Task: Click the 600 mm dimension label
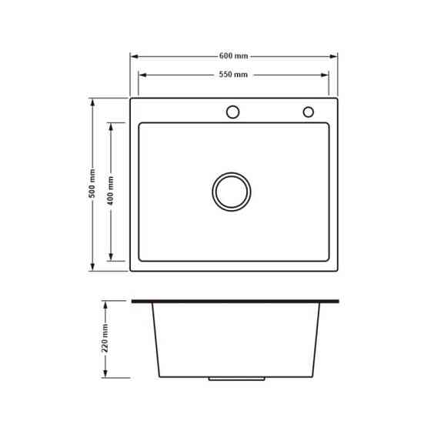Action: click(x=234, y=56)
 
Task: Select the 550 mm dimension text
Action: click(x=233, y=75)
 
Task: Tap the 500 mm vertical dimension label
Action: click(x=92, y=183)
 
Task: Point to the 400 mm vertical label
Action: click(x=111, y=191)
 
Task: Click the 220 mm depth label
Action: click(x=105, y=338)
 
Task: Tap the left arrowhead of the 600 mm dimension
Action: click(x=134, y=57)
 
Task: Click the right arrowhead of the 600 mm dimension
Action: click(x=334, y=57)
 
